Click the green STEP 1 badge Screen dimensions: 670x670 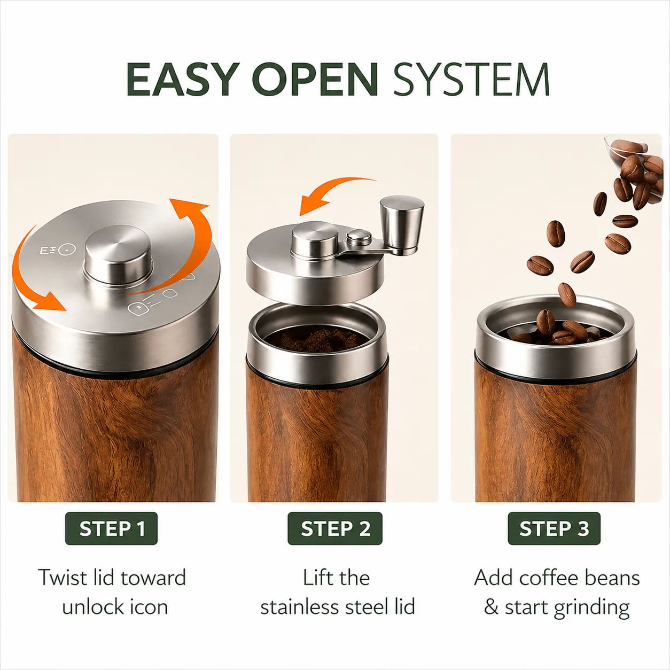pos(111,528)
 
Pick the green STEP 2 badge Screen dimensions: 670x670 pos(335,528)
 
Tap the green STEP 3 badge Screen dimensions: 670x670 pos(554,528)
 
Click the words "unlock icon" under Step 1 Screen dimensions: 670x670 pos(115,607)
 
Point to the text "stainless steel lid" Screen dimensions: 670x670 pos(338,607)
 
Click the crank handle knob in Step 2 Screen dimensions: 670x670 pos(402,224)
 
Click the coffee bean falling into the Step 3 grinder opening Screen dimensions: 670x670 pos(567,295)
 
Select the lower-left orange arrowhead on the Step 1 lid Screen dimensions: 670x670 pos(50,301)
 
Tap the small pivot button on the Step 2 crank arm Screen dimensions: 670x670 pos(359,238)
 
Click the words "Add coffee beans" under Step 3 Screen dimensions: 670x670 pos(557,578)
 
